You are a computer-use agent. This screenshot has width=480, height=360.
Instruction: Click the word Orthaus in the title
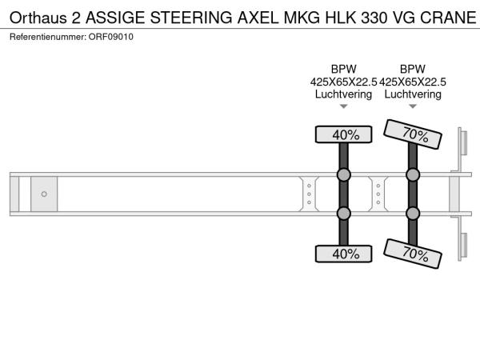tap(38, 18)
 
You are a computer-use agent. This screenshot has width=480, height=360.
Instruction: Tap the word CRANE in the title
tap(448, 18)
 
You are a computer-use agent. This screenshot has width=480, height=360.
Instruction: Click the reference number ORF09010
tap(111, 37)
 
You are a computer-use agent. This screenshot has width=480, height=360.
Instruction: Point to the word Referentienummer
tap(48, 37)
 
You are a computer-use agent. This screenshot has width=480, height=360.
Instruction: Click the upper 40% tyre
tap(343, 134)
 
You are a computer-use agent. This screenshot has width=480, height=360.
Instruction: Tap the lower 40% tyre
tap(343, 254)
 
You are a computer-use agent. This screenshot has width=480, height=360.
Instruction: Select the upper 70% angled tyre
tap(413, 134)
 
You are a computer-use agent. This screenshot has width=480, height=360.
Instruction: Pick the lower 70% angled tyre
tap(413, 254)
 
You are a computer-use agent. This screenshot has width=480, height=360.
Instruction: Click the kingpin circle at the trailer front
tap(44, 194)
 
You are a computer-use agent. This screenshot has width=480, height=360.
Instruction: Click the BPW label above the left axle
tap(344, 69)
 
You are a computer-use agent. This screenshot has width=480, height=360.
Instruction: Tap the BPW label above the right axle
tap(413, 69)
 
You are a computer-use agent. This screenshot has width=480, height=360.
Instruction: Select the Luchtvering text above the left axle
tap(343, 94)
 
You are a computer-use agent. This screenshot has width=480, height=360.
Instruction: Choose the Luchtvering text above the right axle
tap(413, 94)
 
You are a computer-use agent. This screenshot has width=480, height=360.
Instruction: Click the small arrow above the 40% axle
tap(344, 106)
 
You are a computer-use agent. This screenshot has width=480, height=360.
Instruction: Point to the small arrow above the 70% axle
tap(413, 106)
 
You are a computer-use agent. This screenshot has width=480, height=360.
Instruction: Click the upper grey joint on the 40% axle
tap(344, 174)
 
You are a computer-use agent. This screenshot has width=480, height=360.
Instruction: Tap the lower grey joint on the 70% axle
tap(413, 214)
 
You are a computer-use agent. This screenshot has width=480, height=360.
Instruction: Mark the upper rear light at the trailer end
tap(463, 142)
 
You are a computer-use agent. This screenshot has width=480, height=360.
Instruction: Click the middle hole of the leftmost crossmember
tap(309, 194)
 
